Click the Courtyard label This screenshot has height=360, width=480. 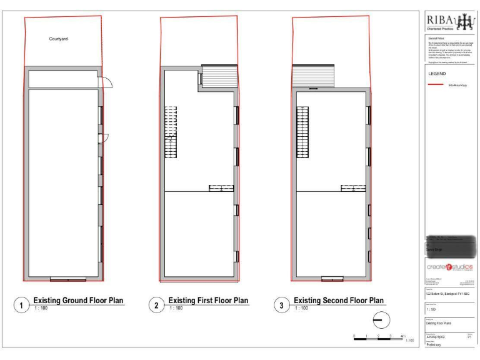[58, 39]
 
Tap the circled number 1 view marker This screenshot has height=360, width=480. [22, 306]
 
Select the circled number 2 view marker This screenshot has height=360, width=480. [156, 306]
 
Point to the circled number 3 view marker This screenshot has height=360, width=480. [282, 306]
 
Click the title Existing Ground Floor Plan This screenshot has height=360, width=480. [78, 301]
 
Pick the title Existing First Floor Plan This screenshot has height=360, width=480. [208, 301]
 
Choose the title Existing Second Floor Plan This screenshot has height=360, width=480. [339, 301]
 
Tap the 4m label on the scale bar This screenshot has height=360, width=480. [402, 336]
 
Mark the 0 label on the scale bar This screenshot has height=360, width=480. [354, 336]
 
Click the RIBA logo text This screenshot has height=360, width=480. [441, 21]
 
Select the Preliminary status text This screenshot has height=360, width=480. [434, 344]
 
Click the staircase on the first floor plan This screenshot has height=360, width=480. [171, 132]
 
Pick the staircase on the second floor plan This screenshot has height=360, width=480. [302, 132]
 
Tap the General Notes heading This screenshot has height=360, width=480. [435, 39]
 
